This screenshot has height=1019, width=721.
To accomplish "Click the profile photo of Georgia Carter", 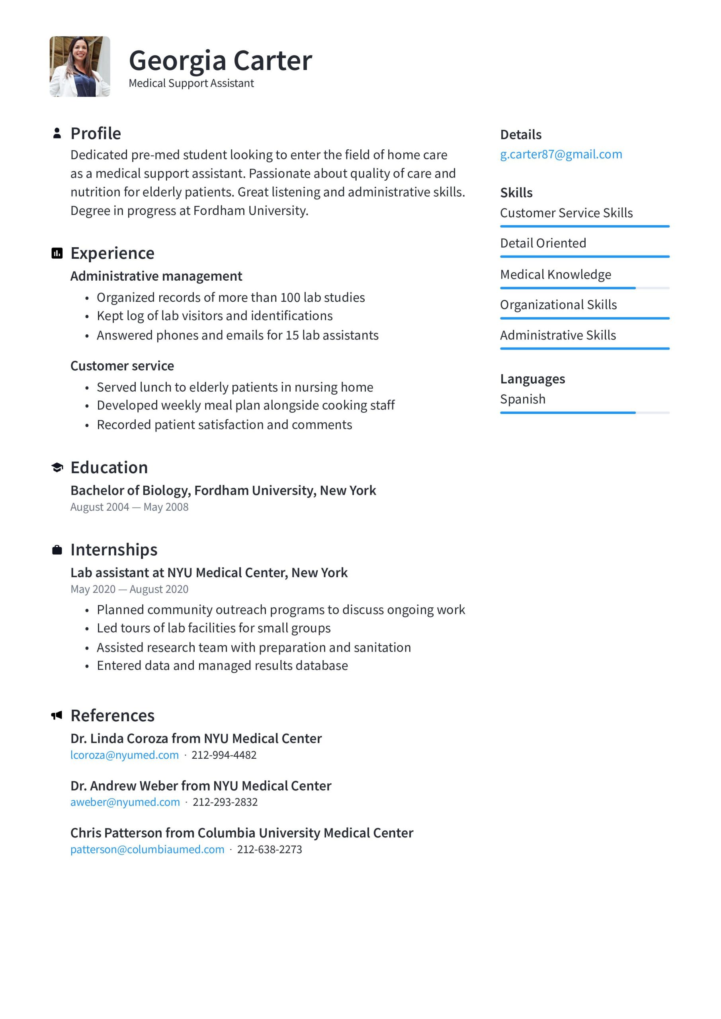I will pyautogui.click(x=80, y=66).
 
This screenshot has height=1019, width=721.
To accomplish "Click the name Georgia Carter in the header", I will pyautogui.click(x=220, y=61).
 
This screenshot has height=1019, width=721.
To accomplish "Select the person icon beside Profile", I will pyautogui.click(x=57, y=133).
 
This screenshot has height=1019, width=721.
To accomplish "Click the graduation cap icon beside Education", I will pyautogui.click(x=57, y=467).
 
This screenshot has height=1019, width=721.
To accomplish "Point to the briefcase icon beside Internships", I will pyautogui.click(x=57, y=550).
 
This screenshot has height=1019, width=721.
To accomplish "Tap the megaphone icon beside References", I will pyautogui.click(x=57, y=715).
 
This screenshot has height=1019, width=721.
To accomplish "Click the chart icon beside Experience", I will pyautogui.click(x=57, y=253).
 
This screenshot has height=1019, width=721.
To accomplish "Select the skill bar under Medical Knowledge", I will pyautogui.click(x=584, y=288).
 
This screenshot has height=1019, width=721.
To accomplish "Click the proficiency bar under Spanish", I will pyautogui.click(x=584, y=413).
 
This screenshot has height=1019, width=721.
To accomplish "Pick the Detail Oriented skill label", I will pyautogui.click(x=543, y=243).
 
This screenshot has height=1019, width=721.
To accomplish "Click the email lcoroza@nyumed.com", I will pyautogui.click(x=124, y=755).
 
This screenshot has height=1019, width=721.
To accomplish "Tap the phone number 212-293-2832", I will pyautogui.click(x=225, y=802).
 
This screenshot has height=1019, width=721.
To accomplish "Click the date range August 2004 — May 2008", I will pyautogui.click(x=129, y=507).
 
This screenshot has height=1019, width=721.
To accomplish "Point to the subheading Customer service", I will pyautogui.click(x=122, y=366).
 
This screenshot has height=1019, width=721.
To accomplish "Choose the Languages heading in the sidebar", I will pyautogui.click(x=532, y=379).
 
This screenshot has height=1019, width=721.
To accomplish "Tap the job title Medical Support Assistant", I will pyautogui.click(x=191, y=84).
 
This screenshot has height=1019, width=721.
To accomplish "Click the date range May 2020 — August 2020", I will pyautogui.click(x=129, y=589).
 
